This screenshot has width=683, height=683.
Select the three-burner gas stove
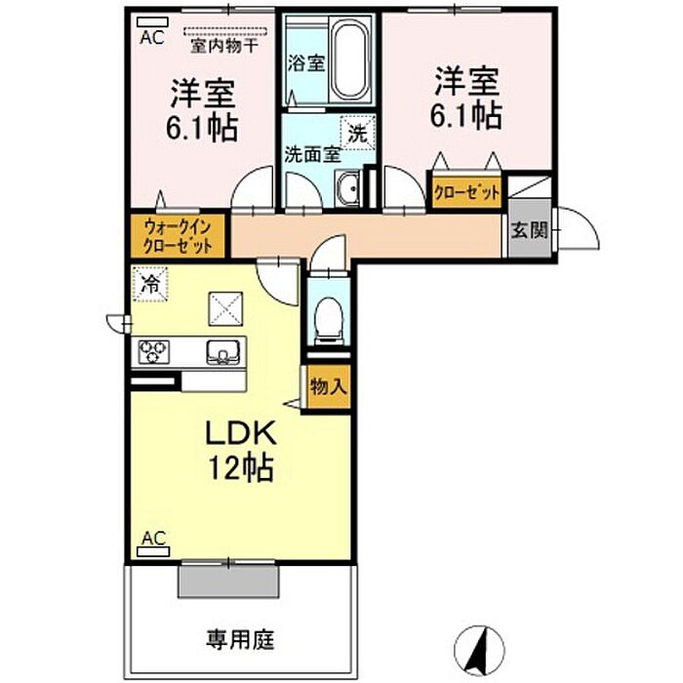(154, 352)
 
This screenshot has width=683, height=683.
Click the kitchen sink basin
(223, 351)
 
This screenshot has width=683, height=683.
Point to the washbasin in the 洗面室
(347, 188)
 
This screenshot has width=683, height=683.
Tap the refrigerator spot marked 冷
(150, 284)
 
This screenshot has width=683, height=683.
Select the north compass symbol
(479, 651)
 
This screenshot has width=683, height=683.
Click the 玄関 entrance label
(529, 229)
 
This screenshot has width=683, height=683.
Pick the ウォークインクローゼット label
(178, 236)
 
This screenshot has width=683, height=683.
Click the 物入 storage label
(329, 386)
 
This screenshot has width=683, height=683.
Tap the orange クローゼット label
(466, 192)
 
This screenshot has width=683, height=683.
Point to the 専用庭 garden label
(240, 639)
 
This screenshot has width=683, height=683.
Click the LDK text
(241, 432)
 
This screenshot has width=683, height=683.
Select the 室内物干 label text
(224, 45)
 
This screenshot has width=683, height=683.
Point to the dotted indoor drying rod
(225, 31)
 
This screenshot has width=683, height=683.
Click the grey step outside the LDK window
(228, 581)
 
